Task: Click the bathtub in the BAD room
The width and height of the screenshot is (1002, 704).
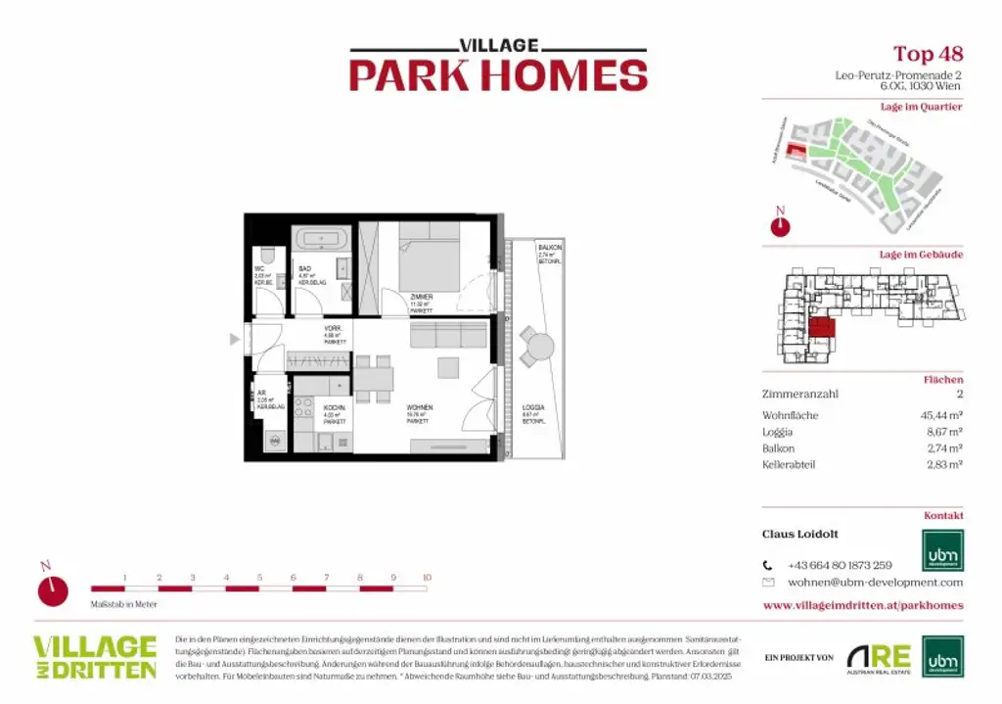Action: (320, 239)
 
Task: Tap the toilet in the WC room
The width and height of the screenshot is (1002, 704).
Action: (270, 256)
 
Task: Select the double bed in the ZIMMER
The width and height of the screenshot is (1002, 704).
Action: (429, 259)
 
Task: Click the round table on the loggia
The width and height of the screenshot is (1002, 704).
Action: (537, 345)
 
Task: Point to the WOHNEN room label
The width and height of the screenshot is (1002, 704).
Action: (420, 407)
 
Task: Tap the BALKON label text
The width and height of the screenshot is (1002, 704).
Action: (549, 249)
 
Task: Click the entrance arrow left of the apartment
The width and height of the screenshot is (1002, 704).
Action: (234, 340)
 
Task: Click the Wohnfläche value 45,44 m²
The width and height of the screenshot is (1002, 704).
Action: (935, 415)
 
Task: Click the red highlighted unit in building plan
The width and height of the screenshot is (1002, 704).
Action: (822, 328)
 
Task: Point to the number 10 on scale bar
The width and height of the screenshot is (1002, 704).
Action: (427, 578)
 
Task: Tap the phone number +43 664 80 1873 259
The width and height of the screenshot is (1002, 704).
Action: (840, 565)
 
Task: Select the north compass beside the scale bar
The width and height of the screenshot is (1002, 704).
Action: (54, 589)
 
